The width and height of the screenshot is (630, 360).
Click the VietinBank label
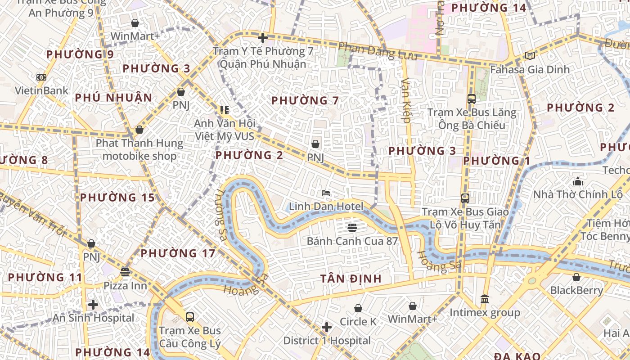pyautogui.click(x=41, y=90)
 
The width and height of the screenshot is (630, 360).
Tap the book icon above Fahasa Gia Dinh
pyautogui.click(x=530, y=56)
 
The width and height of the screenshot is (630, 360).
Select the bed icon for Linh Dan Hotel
pyautogui.click(x=326, y=193)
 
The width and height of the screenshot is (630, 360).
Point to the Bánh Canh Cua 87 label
pyautogui.click(x=352, y=241)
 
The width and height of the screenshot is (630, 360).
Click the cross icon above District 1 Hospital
pyautogui.click(x=327, y=327)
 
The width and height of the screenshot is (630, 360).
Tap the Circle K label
pyautogui.click(x=358, y=322)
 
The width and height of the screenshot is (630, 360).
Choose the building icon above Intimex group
pyautogui.click(x=485, y=299)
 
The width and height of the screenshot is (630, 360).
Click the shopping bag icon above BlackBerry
pyautogui.click(x=576, y=277)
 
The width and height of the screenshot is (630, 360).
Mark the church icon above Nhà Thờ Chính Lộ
pyautogui.click(x=578, y=181)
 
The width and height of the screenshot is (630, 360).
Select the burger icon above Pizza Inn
pyautogui.click(x=125, y=272)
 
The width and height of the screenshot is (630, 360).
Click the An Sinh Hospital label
pyautogui.click(x=93, y=318)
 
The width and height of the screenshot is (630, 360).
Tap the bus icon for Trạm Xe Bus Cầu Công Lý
pyautogui.click(x=190, y=317)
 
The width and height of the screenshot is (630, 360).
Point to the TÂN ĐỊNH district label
pyautogui.click(x=351, y=279)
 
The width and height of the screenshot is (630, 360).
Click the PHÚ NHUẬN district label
pyautogui.click(x=113, y=98)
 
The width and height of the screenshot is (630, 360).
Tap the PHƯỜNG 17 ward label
pyautogui.click(x=178, y=253)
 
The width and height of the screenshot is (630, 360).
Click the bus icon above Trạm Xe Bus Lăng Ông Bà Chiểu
pyautogui.click(x=472, y=99)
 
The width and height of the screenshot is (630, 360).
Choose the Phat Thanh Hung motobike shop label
pyautogui.click(x=139, y=150)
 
